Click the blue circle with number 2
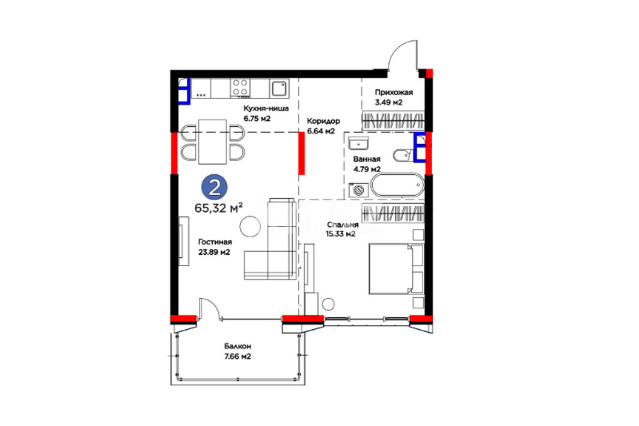[215, 187]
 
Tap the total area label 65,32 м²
[219, 208]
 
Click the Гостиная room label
[215, 242]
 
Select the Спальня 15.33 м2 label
[341, 230]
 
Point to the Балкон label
[237, 346]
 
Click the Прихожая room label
[394, 93]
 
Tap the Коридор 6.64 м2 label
[323, 126]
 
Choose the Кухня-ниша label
[266, 109]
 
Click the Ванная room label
[367, 159]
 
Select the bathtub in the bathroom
[398, 185]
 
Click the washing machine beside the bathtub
[359, 190]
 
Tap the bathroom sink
[359, 144]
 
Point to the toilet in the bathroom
[403, 155]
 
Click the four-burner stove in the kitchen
[240, 88]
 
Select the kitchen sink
[279, 88]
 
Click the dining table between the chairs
[212, 142]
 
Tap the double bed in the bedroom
[396, 269]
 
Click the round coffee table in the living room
[250, 227]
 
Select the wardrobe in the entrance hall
[393, 121]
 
